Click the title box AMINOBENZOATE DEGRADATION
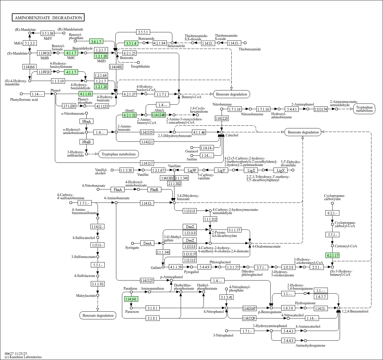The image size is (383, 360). click(x=48, y=18)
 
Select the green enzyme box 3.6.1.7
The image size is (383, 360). click(x=96, y=42)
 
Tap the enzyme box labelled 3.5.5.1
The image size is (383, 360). click(x=143, y=32)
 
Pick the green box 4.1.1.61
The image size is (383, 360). click(x=86, y=94)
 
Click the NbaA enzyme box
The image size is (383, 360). click(x=86, y=121)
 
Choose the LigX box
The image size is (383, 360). click(x=281, y=170)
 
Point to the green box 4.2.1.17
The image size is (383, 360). click(x=332, y=255)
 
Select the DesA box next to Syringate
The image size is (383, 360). click(x=147, y=243)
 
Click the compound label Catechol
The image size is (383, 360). click(x=232, y=135)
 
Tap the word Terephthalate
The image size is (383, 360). click(x=140, y=66)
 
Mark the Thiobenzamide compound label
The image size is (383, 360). click(x=250, y=49)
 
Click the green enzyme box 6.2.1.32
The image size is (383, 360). click(x=130, y=115)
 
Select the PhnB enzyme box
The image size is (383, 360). click(x=154, y=189)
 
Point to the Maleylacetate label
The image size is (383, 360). click(x=86, y=296)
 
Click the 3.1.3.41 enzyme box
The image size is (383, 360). click(x=227, y=297)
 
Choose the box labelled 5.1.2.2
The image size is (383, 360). click(x=30, y=43)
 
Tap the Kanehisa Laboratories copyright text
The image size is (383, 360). click(x=23, y=357)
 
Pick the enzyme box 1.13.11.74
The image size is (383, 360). click(x=321, y=109)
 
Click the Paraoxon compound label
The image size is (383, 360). click(x=132, y=312)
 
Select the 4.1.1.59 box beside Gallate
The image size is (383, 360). click(x=175, y=267)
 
